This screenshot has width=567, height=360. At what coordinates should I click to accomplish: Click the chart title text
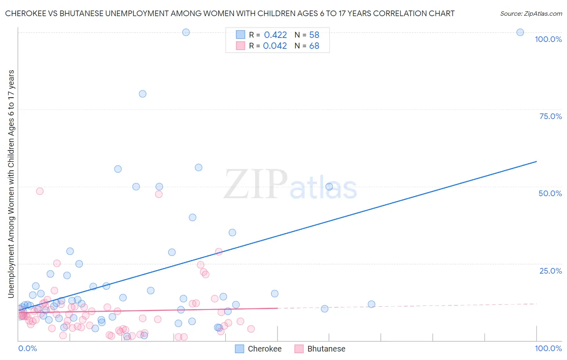point(229,13)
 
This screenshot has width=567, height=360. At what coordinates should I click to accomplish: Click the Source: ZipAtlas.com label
point(531,13)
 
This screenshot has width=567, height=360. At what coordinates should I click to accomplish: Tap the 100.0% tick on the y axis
point(548,39)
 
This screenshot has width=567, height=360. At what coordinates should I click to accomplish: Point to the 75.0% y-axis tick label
point(550,116)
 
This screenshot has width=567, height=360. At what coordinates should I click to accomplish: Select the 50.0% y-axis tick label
point(550,193)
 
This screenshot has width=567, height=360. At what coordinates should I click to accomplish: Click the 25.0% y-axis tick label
point(550,270)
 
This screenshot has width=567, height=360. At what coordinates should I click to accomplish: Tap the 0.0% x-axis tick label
point(27,348)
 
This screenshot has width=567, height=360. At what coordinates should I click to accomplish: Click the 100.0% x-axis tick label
point(548,348)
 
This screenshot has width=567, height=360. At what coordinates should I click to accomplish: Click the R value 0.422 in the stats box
point(275,35)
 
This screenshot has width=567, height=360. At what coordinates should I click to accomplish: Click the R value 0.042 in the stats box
point(275,46)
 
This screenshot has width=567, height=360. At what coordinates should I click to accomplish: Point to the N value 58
point(314,35)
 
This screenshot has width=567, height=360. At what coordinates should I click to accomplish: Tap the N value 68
point(314,46)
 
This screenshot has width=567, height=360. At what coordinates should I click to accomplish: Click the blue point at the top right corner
point(520,32)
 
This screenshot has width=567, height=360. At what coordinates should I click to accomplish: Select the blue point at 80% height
point(142,94)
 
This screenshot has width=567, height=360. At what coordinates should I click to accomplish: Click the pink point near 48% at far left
point(40,191)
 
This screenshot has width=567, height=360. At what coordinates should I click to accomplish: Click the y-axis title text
point(11,184)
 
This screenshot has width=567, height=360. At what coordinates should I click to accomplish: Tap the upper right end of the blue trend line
point(536,161)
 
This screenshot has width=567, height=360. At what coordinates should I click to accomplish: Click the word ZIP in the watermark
point(255,184)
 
